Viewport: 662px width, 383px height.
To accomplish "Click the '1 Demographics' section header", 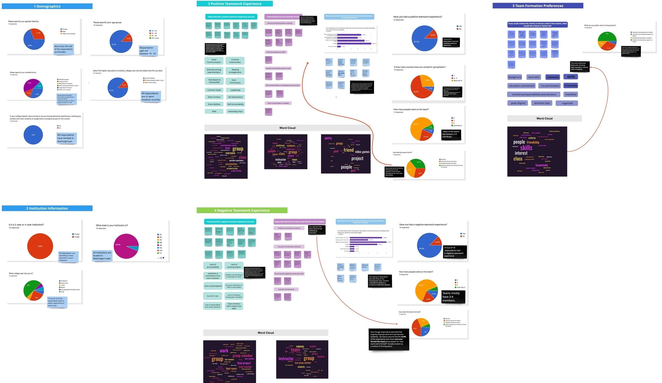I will pyautogui.click(x=47, y=6).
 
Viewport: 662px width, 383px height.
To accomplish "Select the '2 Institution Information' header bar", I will pyautogui.click(x=47, y=208).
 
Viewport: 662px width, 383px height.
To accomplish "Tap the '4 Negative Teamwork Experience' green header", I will pyautogui.click(x=242, y=210).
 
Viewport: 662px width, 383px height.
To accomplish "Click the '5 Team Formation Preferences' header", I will pyautogui.click(x=538, y=6).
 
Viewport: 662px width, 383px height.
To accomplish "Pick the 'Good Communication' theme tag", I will pyautogui.click(x=214, y=61).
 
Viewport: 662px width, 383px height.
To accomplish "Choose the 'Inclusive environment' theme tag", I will pyautogui.click(x=235, y=61).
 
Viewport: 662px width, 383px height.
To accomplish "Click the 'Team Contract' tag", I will pyautogui.click(x=214, y=97).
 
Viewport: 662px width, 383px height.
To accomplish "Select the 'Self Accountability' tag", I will pyautogui.click(x=235, y=104).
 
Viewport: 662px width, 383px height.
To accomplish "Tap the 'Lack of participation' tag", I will pyautogui.click(x=213, y=286).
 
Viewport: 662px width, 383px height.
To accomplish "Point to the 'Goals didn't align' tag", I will pyautogui.click(x=213, y=296).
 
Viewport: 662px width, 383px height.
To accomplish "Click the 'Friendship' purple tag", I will pyautogui.click(x=571, y=86).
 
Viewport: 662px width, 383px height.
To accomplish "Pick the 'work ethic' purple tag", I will pyautogui.click(x=534, y=77).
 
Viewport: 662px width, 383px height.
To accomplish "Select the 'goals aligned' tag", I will pyautogui.click(x=518, y=103).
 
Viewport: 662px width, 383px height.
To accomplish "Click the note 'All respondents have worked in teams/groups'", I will pyautogui.click(x=66, y=138).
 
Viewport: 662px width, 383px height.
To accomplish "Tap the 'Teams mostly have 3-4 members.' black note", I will pyautogui.click(x=453, y=297).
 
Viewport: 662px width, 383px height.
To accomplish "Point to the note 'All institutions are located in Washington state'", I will pyautogui.click(x=102, y=256).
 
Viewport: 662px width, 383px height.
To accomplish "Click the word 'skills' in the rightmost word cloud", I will pyautogui.click(x=526, y=148).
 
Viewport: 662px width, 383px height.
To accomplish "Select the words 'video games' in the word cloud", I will pyautogui.click(x=362, y=152).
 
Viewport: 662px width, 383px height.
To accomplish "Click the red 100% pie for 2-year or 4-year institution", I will pyautogui.click(x=40, y=246).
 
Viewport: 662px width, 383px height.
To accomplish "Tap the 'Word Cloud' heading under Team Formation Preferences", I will pyautogui.click(x=544, y=118).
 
